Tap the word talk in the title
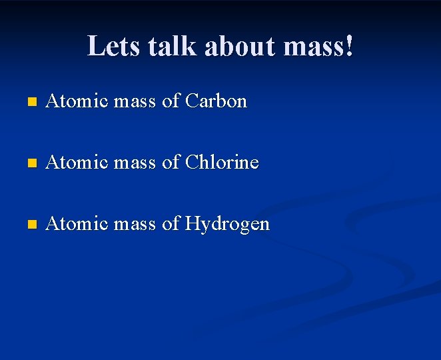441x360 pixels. pos(173,47)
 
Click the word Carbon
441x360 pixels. pos(216,101)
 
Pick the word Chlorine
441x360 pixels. pos(222,162)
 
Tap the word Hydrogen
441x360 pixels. pos(227,224)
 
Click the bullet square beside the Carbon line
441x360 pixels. pos(30,103)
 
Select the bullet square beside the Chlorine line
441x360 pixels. pos(30,163)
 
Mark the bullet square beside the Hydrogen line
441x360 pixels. pos(30,225)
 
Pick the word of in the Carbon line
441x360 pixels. pos(171,101)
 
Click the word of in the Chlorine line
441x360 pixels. pos(171,162)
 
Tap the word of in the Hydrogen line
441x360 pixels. pos(171,223)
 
